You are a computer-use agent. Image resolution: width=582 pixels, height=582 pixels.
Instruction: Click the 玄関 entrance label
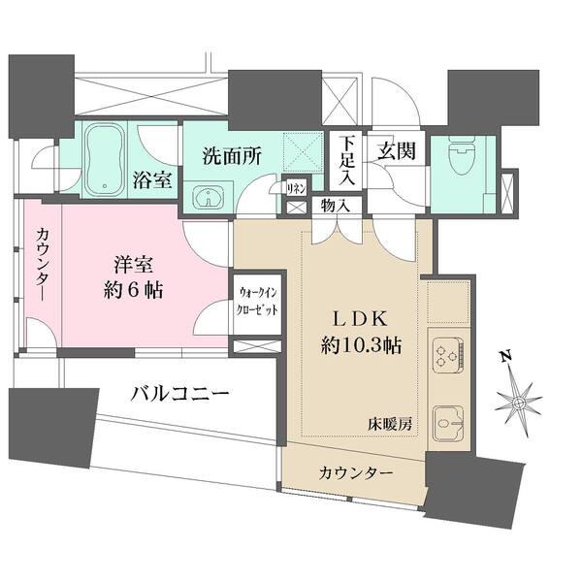396,151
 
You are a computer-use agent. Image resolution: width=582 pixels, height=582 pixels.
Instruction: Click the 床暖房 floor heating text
389,424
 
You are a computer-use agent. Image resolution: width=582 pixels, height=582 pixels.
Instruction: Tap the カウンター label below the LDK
355,472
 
